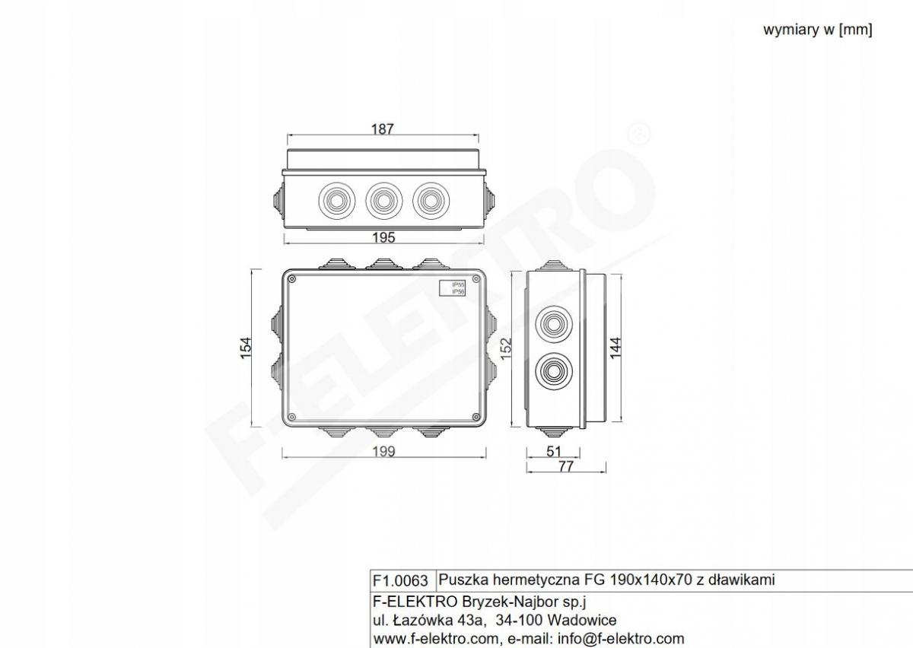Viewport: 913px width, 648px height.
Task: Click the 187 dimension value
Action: (382, 129)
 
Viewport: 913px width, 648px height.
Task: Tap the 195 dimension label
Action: (383, 237)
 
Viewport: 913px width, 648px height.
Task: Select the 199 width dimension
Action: (383, 452)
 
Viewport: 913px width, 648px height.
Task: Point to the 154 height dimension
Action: (246, 348)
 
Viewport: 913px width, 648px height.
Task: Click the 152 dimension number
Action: (505, 348)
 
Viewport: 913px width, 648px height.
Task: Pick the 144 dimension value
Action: (616, 348)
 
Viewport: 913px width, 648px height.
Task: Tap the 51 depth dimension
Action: (554, 451)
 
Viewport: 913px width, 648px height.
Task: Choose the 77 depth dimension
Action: (566, 466)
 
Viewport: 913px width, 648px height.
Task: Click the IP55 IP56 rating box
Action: (452, 288)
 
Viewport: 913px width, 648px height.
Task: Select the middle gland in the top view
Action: (383, 201)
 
